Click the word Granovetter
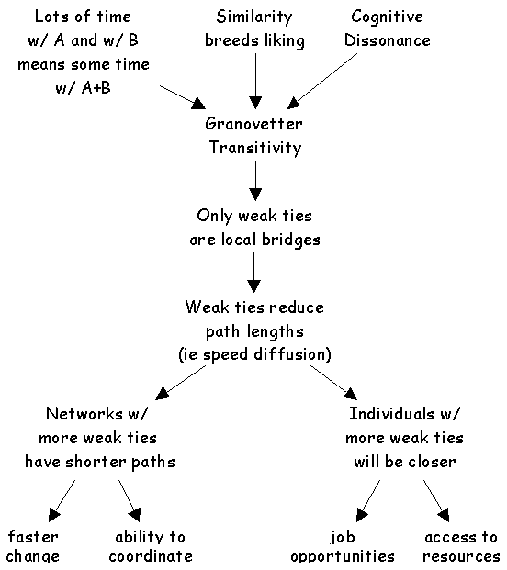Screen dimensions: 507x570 [253, 124]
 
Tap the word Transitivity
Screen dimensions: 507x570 [255, 148]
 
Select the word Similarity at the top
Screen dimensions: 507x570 [253, 17]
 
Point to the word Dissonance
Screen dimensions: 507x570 [388, 40]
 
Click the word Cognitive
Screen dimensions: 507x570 [387, 17]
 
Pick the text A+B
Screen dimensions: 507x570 [96, 87]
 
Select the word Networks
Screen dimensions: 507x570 [84, 413]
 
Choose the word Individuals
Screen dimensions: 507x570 [391, 413]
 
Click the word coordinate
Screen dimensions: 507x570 [151, 556]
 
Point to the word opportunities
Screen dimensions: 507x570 [343, 556]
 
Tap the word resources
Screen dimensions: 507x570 [461, 556]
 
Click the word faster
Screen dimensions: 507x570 [33, 537]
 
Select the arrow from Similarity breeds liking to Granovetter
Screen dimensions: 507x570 [255, 82]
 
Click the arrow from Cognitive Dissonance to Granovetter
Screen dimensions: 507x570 [322, 81]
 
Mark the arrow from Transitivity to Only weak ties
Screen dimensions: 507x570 [255, 181]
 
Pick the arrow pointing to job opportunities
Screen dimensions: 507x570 [368, 501]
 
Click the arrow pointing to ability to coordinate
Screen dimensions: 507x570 [130, 501]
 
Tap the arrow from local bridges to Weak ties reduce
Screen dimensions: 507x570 [253, 273]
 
